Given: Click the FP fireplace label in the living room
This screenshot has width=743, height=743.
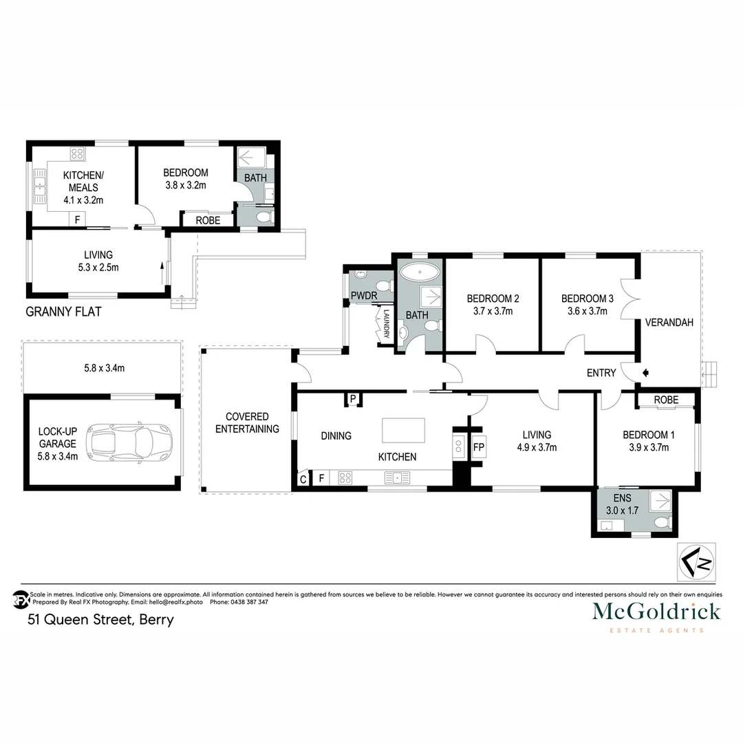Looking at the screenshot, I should (480, 447).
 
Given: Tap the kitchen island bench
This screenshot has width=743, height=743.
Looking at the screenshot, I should (404, 431).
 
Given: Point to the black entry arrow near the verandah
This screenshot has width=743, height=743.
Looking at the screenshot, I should (645, 373).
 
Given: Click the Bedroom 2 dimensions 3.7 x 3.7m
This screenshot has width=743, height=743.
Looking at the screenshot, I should (493, 311).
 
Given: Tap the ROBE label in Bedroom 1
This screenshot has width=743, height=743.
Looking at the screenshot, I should (666, 400).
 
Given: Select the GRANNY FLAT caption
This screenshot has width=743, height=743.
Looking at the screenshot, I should (63, 312).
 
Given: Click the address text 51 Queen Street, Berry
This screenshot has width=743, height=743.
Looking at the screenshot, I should (100, 619).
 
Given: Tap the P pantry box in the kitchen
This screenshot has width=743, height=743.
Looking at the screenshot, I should (352, 399).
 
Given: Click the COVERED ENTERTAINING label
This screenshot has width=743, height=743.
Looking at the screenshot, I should (247, 423).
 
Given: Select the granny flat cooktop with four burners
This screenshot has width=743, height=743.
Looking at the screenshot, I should (77, 154).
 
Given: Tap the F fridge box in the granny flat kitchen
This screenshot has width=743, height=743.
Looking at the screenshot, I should (77, 219).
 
